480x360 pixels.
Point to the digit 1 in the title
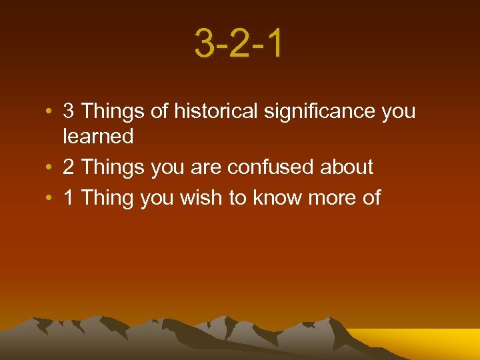click(x=273, y=43)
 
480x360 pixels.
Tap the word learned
click(x=98, y=137)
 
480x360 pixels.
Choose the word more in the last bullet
click(x=332, y=197)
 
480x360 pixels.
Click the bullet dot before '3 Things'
click(x=50, y=112)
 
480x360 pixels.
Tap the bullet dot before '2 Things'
click(x=50, y=167)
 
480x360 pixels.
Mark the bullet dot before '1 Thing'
click(x=50, y=198)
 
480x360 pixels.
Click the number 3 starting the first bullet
click(x=68, y=111)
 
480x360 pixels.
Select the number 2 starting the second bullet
click(x=68, y=167)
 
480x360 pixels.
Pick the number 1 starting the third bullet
click(x=68, y=197)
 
